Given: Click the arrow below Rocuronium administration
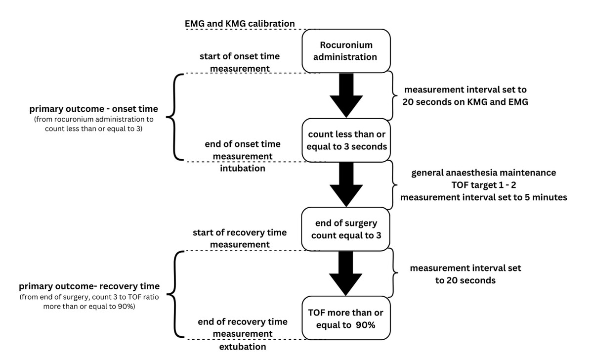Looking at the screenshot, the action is tap(346, 95).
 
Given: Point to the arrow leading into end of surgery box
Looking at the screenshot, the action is tap(346, 184).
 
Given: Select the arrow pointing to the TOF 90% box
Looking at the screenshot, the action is tap(346, 273).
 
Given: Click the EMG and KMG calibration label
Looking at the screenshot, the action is tap(240, 24).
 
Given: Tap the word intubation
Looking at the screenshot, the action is tap(243, 168).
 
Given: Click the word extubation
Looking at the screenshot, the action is tap(243, 347).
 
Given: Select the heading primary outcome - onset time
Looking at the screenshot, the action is tap(93, 109).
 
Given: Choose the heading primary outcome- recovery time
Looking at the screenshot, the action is tap(89, 286).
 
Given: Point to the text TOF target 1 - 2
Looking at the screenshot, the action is tap(484, 185).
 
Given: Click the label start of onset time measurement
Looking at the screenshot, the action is tap(240, 62).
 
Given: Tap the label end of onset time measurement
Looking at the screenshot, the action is tap(243, 150).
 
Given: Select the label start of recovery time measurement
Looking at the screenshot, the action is tap(240, 238).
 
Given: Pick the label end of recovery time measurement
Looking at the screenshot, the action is tap(243, 328).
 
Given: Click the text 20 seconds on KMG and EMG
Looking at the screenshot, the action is tap(466, 102).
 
